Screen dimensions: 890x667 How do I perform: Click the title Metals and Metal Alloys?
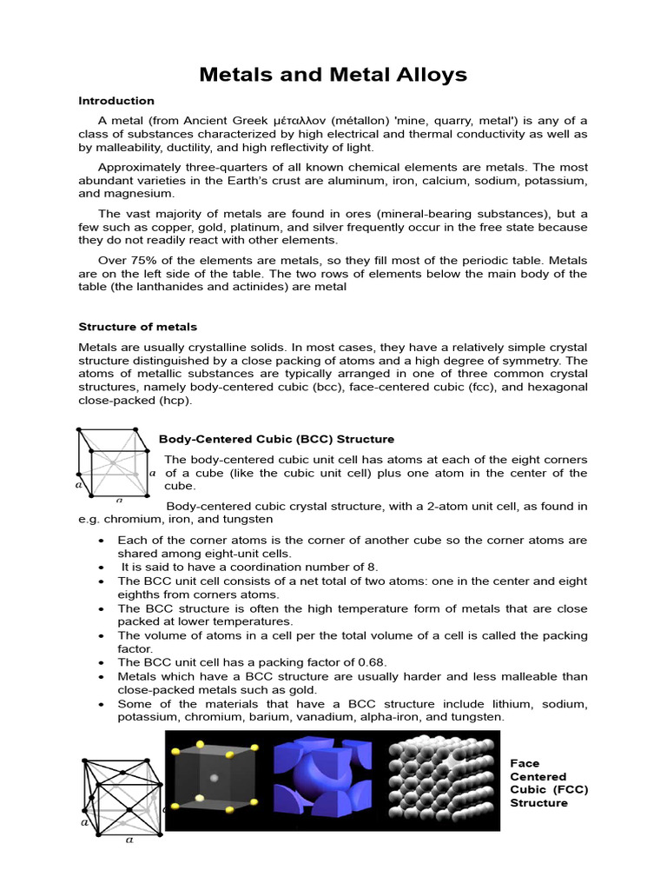[x=333, y=75]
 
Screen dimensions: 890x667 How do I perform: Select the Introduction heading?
[x=116, y=101]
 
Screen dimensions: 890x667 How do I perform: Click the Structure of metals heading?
[x=137, y=327]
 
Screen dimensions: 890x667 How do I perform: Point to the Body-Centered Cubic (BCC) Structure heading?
[x=276, y=440]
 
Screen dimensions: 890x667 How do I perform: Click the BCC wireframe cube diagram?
[x=113, y=464]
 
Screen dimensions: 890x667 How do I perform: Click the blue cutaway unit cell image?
[x=326, y=782]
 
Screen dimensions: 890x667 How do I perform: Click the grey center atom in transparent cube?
[x=214, y=776]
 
